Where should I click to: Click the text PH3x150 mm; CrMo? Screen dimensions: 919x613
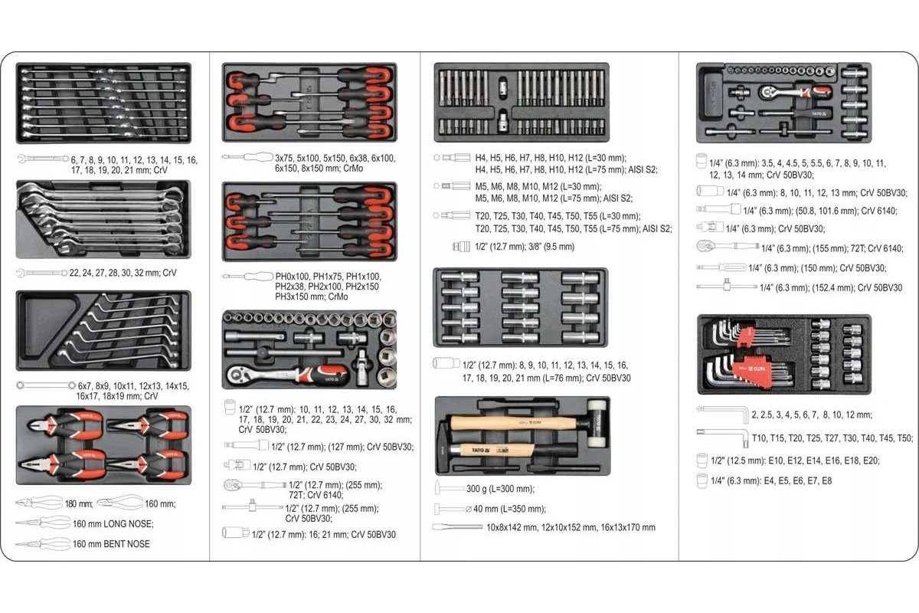click(312, 297)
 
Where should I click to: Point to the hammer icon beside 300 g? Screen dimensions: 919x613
click(450, 488)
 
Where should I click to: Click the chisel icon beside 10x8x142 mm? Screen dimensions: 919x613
click(457, 526)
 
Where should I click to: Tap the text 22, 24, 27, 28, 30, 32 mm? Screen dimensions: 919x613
click(113, 273)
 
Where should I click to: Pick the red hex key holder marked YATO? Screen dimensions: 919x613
click(754, 370)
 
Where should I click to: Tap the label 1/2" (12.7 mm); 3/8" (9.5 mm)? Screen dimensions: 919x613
click(525, 247)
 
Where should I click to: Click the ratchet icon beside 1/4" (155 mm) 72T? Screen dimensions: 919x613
click(728, 247)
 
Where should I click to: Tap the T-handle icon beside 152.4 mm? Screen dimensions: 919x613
click(727, 285)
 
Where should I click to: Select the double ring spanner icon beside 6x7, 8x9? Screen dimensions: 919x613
click(46, 385)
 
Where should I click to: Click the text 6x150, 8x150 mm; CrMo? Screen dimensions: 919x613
click(319, 169)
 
